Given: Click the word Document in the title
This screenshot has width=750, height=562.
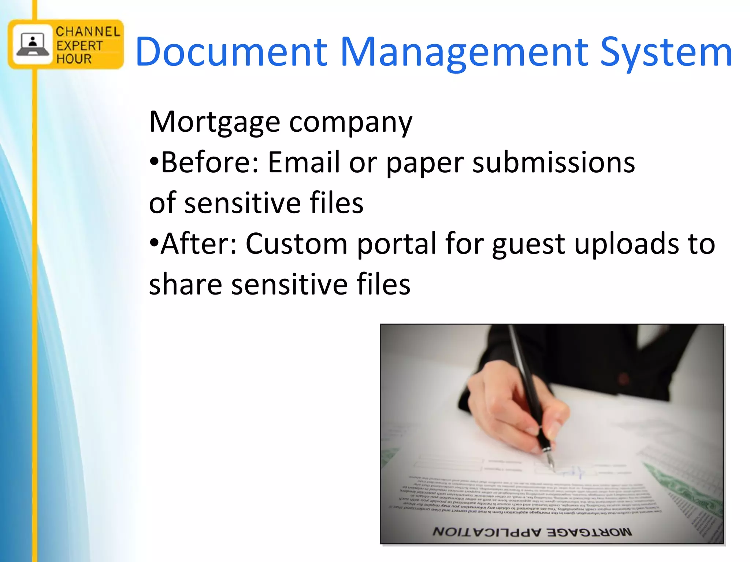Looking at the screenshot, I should click(231, 52).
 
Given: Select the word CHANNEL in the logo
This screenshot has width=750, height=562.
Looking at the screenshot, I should click(88, 32).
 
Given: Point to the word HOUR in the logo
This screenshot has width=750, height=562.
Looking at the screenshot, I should click(74, 59).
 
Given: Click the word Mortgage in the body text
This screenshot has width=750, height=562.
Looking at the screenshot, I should click(215, 122).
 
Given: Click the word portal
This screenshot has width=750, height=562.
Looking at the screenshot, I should click(397, 244).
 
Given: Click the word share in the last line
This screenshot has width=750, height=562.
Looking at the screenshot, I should click(185, 284).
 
